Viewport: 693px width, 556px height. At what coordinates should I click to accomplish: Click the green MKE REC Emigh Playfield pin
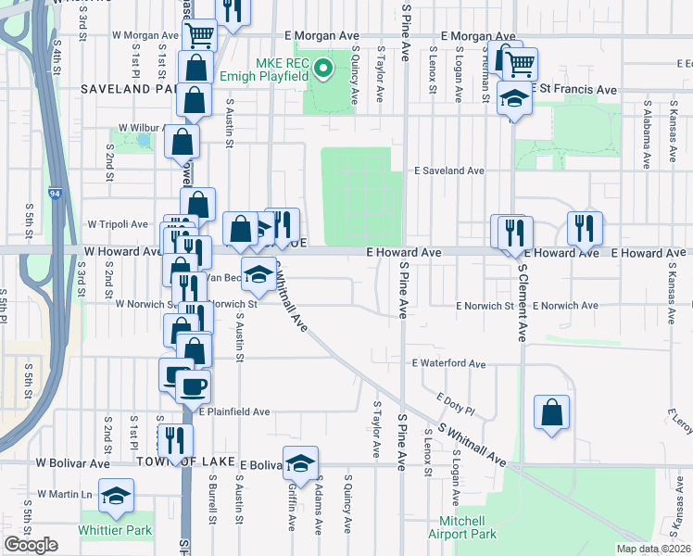[322, 67]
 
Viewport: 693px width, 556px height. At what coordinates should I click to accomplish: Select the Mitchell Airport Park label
[462, 527]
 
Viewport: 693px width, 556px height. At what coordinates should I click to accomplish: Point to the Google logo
[31, 545]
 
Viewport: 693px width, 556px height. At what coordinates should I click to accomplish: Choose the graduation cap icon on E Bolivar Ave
[300, 461]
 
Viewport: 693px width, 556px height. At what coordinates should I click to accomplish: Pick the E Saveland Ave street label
[449, 171]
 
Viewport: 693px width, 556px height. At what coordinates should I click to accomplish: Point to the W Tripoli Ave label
[118, 224]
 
